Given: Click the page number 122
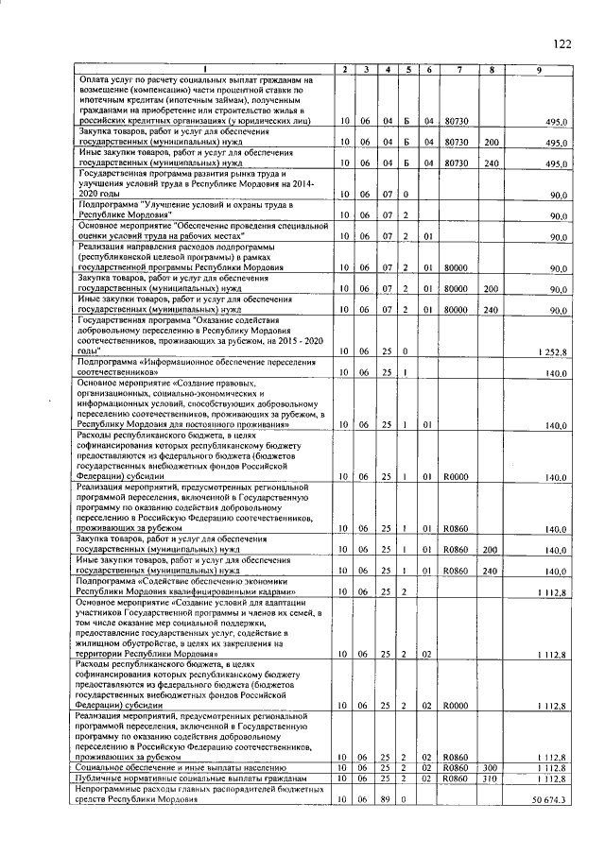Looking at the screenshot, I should coord(562,44).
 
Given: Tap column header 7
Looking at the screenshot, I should coord(458,70).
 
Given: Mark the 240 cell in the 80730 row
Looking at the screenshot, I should coord(491,163).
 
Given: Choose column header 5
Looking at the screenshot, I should coord(406,70).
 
